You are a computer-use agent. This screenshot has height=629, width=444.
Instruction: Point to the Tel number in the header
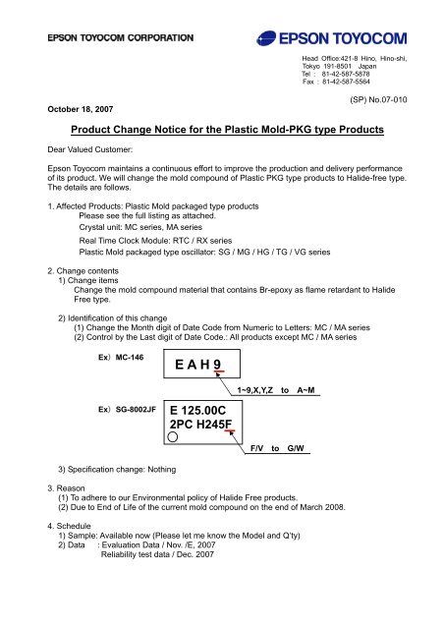coord(323,73)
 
